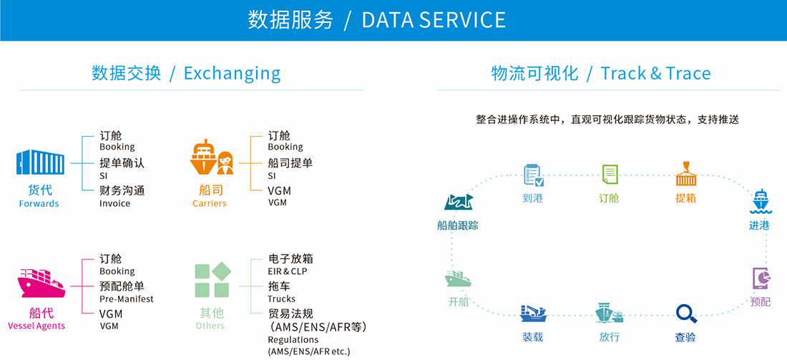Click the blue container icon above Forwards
[x=40, y=162]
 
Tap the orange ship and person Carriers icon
[x=212, y=157]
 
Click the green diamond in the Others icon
[x=221, y=271]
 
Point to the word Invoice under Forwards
[x=114, y=203]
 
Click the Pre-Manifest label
[x=126, y=298]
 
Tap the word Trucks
[x=282, y=298]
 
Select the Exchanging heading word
[x=232, y=73]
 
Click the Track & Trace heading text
[x=655, y=74]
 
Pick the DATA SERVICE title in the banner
[x=434, y=20]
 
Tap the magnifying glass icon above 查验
[x=686, y=313]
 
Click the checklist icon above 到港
[x=533, y=175]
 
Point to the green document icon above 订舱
[x=610, y=175]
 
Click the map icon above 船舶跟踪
[x=459, y=202]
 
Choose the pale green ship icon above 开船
[x=457, y=278]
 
